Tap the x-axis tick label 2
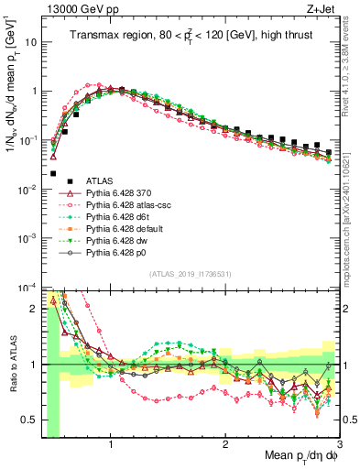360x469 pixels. [225, 442]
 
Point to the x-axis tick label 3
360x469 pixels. [339, 442]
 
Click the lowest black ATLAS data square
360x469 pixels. [53, 173]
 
